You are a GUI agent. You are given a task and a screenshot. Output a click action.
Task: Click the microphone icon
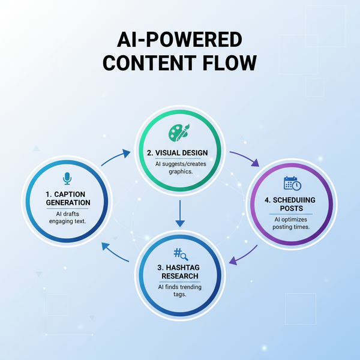pyautogui.click(x=67, y=178)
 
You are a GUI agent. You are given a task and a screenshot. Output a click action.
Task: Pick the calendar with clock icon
pyautogui.click(x=292, y=184)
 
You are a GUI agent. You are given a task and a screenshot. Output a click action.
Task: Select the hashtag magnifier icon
pyautogui.click(x=179, y=254)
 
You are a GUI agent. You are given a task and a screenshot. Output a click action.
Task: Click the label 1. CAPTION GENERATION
pyautogui.click(x=67, y=198)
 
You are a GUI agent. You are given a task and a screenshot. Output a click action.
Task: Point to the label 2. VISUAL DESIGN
pyautogui.click(x=181, y=153)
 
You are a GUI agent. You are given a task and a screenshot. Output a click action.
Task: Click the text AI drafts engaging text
pyautogui.click(x=67, y=217)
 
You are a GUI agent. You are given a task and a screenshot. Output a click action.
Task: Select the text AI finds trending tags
pyautogui.click(x=180, y=290)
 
